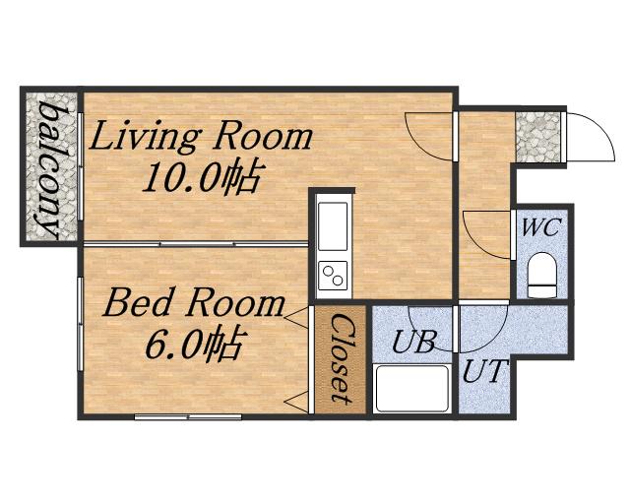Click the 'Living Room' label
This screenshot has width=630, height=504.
(x=200, y=138)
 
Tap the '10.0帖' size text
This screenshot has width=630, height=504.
(x=200, y=177)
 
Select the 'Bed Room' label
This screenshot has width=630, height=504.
(x=194, y=304)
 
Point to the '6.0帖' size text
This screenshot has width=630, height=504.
(x=194, y=345)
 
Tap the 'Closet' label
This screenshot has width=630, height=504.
(x=343, y=358)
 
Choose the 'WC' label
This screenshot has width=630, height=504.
(x=540, y=228)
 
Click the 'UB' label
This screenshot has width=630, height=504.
(x=413, y=342)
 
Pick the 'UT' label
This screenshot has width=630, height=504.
(x=485, y=371)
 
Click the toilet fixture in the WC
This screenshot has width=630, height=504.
(x=542, y=276)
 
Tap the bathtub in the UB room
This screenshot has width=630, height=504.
(x=412, y=388)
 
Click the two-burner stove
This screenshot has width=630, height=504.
(x=333, y=275)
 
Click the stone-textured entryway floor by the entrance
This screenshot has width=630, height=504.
(x=538, y=138)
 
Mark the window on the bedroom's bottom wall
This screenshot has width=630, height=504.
(x=188, y=416)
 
